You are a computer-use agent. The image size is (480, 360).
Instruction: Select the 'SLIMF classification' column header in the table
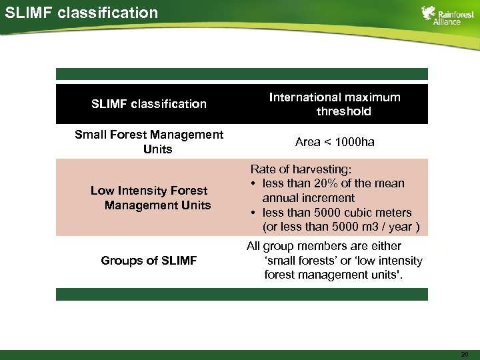pos(149,104)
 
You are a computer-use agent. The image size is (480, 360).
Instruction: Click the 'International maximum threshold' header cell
pos(335,104)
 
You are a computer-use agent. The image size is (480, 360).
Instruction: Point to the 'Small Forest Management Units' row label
pos(149,141)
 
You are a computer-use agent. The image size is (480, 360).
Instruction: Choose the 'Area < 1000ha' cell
pos(335,141)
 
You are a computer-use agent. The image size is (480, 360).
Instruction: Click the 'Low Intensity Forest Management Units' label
pos(149,198)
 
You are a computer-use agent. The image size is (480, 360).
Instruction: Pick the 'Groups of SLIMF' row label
pos(149,261)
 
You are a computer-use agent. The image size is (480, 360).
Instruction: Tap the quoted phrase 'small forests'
pos(300,260)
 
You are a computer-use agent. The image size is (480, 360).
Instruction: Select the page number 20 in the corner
pos(464,354)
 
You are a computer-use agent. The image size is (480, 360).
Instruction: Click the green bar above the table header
pos(241,74)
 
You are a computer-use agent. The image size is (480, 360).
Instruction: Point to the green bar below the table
pos(241,294)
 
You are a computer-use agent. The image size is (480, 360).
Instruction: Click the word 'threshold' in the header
pos(343,111)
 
